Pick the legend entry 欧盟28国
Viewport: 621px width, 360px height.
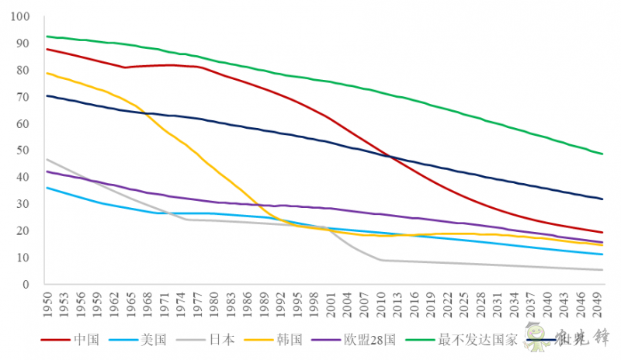click(369, 339)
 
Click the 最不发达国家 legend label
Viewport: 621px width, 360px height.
click(477, 339)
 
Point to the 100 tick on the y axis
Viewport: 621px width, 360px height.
click(22, 17)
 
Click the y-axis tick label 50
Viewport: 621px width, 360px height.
click(24, 151)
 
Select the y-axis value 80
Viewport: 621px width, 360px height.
click(24, 71)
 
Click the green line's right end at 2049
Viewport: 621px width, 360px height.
click(603, 154)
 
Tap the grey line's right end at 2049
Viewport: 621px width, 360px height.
click(603, 270)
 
